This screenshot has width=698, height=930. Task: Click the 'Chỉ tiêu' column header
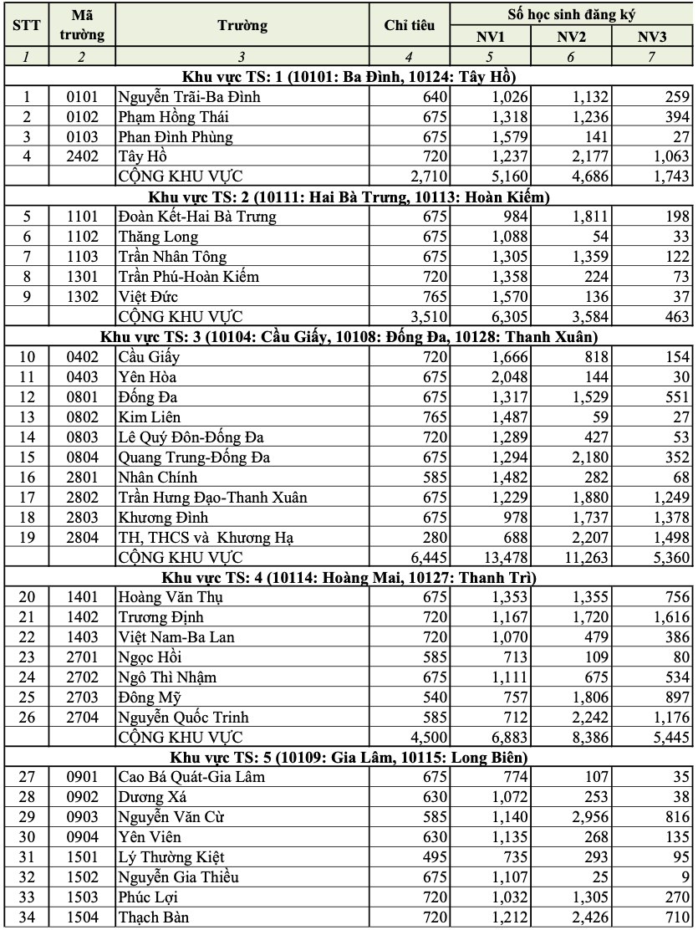point(409,26)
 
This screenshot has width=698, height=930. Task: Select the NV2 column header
point(571,37)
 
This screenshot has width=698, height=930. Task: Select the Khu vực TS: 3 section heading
point(349,337)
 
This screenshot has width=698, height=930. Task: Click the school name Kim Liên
point(145,416)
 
